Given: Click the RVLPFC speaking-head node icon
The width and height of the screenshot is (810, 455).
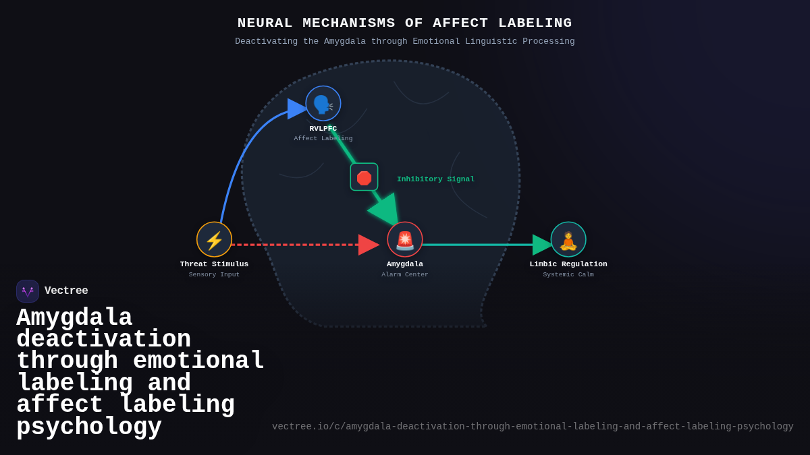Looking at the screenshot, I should pyautogui.click(x=323, y=103).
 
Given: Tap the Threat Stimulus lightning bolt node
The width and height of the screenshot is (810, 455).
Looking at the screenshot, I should pyautogui.click(x=214, y=239).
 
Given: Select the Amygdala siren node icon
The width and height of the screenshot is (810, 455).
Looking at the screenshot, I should pyautogui.click(x=405, y=239).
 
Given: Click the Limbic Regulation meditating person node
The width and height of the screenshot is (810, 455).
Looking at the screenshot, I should pyautogui.click(x=568, y=239).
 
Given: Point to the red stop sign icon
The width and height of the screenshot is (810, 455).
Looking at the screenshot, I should pyautogui.click(x=364, y=177).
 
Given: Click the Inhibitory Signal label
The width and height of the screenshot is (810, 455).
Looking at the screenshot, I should pyautogui.click(x=435, y=179).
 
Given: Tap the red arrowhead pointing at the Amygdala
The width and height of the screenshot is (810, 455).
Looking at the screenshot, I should pyautogui.click(x=368, y=245).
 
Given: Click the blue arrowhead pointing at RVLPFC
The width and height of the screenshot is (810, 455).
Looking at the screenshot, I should pyautogui.click(x=296, y=109).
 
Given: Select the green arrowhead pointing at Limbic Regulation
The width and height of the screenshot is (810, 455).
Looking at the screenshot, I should pyautogui.click(x=541, y=245).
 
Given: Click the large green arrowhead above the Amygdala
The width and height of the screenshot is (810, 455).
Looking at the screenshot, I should pyautogui.click(x=384, y=209).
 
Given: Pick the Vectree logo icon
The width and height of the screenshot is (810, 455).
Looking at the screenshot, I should pyautogui.click(x=28, y=291).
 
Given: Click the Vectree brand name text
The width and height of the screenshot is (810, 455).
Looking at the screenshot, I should pyautogui.click(x=66, y=291).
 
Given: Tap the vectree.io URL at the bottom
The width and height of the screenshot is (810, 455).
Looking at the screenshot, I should pyautogui.click(x=533, y=427).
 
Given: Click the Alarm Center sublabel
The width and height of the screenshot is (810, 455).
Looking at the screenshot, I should pyautogui.click(x=405, y=274).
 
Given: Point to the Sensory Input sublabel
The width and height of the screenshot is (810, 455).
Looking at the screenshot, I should pyautogui.click(x=214, y=274).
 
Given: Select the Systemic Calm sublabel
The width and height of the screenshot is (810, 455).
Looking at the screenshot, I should pyautogui.click(x=568, y=274).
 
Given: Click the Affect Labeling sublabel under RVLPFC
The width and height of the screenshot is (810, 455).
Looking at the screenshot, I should pyautogui.click(x=323, y=138).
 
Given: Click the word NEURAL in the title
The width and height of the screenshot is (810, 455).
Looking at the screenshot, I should pyautogui.click(x=265, y=23).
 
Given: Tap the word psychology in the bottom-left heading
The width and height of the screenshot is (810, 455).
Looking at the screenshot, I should pyautogui.click(x=89, y=427).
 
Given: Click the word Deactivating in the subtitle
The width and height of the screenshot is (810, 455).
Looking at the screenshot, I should pyautogui.click(x=266, y=42).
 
